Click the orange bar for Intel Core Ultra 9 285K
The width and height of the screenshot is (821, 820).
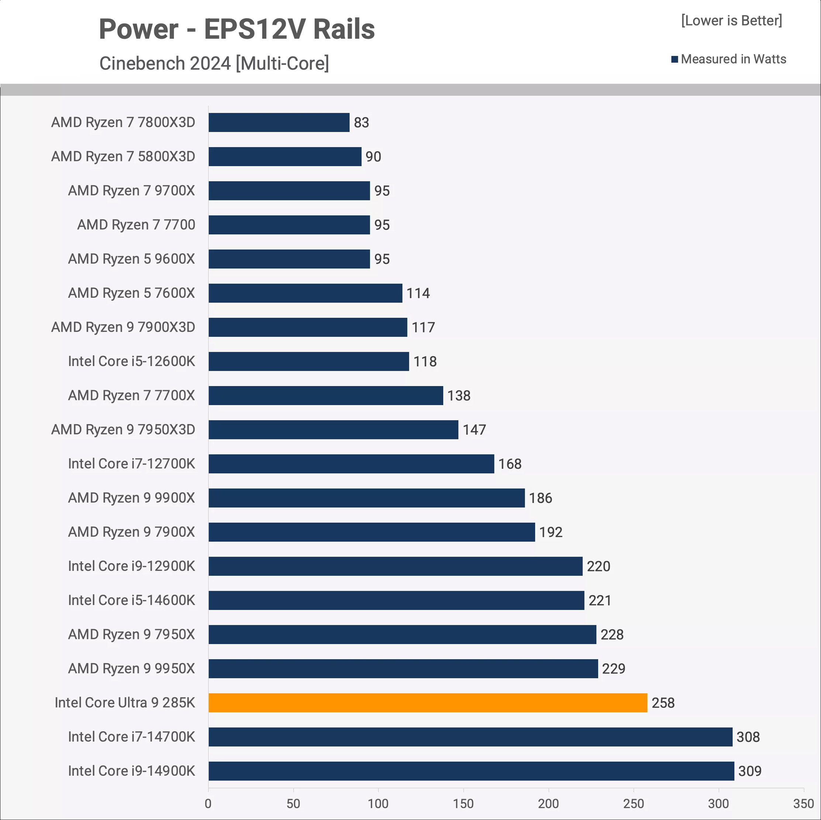click(x=428, y=703)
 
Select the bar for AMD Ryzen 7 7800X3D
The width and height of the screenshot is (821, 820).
click(x=279, y=122)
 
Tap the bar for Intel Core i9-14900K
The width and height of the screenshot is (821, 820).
click(x=471, y=771)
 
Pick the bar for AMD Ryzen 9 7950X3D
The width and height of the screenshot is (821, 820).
click(x=333, y=429)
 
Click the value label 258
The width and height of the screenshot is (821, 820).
click(x=663, y=703)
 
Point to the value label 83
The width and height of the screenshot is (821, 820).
click(x=361, y=122)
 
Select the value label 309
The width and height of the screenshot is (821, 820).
click(x=750, y=771)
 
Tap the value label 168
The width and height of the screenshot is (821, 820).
click(x=510, y=464)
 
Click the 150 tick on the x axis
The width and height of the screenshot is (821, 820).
click(x=463, y=803)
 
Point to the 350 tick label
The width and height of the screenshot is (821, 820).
click(x=803, y=803)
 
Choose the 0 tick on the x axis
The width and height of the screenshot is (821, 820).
click(x=208, y=803)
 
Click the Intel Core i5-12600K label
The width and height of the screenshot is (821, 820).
click(x=131, y=361)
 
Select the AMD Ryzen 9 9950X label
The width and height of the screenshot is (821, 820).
click(x=131, y=668)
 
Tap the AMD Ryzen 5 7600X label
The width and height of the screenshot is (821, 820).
click(x=131, y=293)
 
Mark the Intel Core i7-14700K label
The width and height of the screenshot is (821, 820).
click(x=131, y=736)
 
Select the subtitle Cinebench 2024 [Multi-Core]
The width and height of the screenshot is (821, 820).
click(x=214, y=63)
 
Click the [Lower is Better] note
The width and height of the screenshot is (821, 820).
click(x=731, y=20)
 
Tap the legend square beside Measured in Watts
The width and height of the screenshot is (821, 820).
click(x=675, y=59)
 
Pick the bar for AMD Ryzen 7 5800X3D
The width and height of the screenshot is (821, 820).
click(x=285, y=156)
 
